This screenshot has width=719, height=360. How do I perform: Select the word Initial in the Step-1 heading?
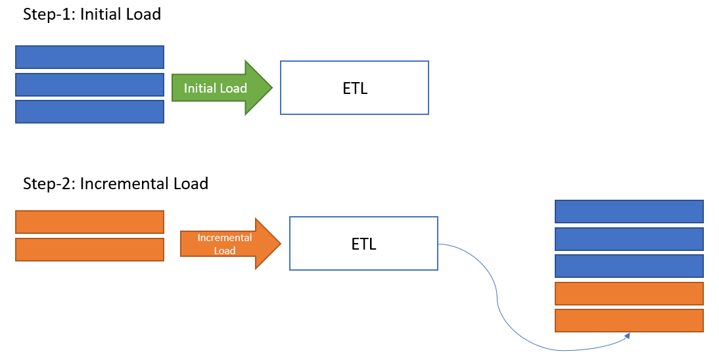(x=103, y=14)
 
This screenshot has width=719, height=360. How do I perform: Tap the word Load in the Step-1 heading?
(x=145, y=14)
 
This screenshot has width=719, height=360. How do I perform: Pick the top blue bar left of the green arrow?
(x=89, y=57)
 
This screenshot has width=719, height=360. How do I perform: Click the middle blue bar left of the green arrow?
(x=89, y=85)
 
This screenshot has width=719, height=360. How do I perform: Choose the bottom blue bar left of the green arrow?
(x=89, y=112)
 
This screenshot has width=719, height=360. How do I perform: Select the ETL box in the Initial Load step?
(x=354, y=88)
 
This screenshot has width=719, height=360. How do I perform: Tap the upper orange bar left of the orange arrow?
(x=89, y=222)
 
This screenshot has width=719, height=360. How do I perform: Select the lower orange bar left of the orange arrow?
(x=89, y=250)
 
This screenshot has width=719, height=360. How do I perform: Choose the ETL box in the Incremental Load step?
(x=363, y=244)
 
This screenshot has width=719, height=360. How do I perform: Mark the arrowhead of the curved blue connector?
(x=627, y=336)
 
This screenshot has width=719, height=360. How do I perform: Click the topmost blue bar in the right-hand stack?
(x=629, y=212)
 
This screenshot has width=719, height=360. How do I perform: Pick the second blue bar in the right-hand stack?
(x=629, y=238)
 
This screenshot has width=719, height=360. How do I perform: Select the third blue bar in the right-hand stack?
(x=629, y=266)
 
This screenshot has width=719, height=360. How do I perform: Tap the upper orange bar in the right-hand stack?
(x=629, y=293)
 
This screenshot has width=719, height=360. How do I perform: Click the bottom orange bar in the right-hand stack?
(x=629, y=320)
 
